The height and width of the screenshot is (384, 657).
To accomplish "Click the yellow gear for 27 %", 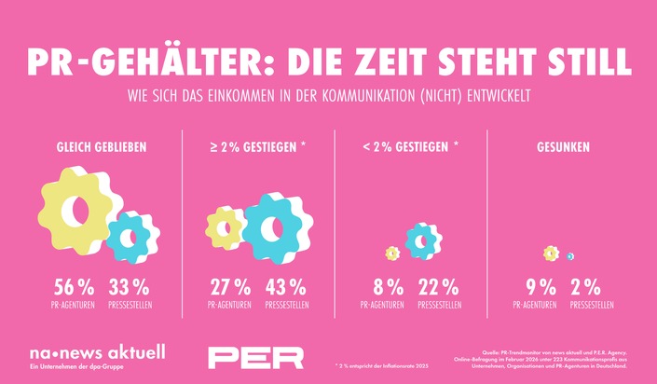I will [x=225, y=228].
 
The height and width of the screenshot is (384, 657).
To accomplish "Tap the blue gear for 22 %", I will [x=422, y=241].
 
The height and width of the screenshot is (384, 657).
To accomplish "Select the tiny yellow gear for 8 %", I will [x=392, y=253].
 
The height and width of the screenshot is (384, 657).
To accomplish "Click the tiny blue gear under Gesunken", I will [x=569, y=256].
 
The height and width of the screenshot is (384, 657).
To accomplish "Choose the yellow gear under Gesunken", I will [x=551, y=253].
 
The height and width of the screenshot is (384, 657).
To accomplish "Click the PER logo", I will [x=255, y=357].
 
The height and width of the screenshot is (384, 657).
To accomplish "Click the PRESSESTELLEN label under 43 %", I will [x=284, y=305].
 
